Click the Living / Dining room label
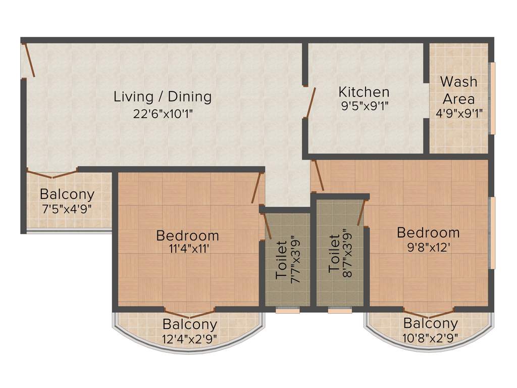(x=162, y=96)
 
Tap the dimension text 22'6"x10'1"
(x=163, y=114)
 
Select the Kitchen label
(x=364, y=92)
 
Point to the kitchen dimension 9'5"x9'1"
(x=364, y=106)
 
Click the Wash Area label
(x=458, y=89)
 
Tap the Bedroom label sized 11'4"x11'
(x=187, y=235)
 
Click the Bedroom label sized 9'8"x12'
(x=428, y=232)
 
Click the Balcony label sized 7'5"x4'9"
(x=67, y=194)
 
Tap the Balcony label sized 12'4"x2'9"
(x=190, y=324)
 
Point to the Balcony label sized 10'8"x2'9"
(x=431, y=323)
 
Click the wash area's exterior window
(x=493, y=98)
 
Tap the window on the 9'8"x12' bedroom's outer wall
(x=493, y=232)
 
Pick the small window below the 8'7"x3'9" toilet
(x=340, y=310)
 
